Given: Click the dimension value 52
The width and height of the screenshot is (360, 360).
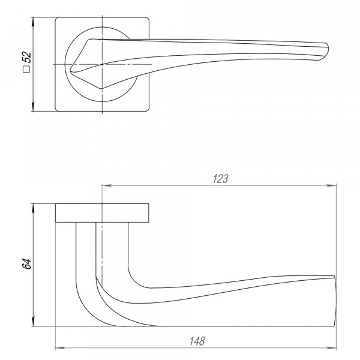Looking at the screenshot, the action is click(27, 57).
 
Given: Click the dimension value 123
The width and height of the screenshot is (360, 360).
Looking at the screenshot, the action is click(220, 179).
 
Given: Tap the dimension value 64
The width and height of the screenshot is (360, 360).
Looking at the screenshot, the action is click(27, 264).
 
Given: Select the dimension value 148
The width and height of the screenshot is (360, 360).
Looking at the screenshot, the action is click(197, 341).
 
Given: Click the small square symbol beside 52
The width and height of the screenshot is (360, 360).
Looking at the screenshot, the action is click(26, 69).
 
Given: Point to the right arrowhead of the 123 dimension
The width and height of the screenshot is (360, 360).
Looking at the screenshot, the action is click(331, 185).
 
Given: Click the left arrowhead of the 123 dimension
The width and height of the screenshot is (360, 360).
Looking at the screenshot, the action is click(107, 185).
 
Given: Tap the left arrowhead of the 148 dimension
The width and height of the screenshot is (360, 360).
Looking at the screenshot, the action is click(61, 348).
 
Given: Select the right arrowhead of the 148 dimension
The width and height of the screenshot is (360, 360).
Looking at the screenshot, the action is click(331, 348).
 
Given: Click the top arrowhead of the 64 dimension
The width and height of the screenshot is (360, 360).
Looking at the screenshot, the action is click(34, 208).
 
